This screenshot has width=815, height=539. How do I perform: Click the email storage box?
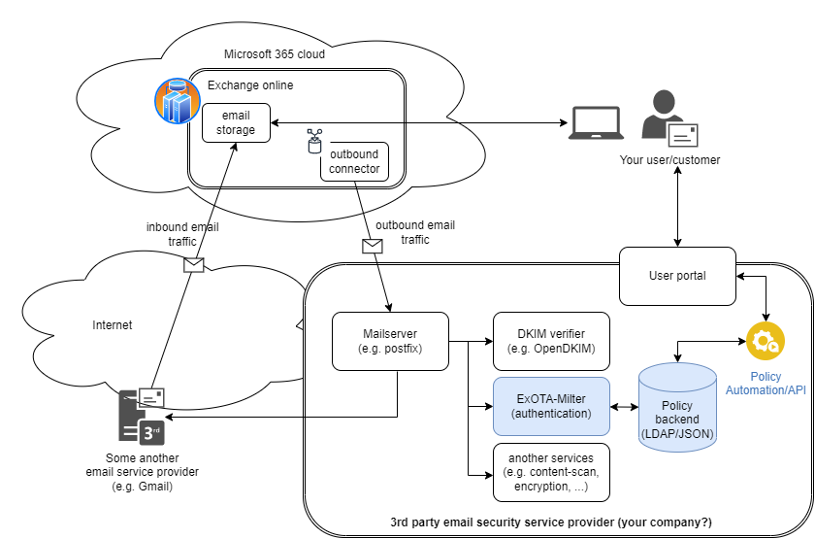coord(236,123)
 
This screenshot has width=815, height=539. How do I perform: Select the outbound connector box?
coord(354,162)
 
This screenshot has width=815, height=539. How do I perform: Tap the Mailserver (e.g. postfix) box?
coord(391,341)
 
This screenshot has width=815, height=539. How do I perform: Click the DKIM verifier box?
coord(552,341)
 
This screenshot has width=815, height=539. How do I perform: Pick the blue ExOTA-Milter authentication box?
coord(552,406)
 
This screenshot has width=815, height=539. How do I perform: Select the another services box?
coord(552,471)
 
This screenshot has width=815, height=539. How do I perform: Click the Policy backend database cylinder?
coord(677,408)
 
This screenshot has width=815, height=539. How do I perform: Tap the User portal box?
coord(677,275)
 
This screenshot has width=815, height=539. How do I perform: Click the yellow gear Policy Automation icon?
coord(765,342)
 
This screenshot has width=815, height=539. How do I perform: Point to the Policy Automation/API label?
coord(766,383)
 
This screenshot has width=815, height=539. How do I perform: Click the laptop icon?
coord(595,122)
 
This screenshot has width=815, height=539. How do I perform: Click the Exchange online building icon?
coord(177,101)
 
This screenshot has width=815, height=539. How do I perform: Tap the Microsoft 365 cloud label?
coord(275,54)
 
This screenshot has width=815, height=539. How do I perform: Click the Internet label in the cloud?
coord(113,325)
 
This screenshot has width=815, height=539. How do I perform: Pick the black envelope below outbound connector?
coord(373,246)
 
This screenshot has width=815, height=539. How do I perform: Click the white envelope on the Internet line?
coord(194,264)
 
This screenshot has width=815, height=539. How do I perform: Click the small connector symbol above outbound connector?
coord(314,141)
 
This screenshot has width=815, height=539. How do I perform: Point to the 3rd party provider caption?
coord(550,522)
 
